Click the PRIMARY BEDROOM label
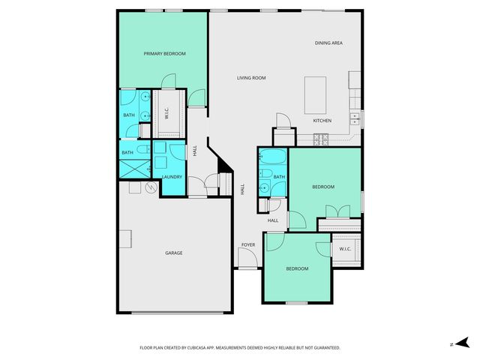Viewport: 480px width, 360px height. pyautogui.click(x=164, y=54)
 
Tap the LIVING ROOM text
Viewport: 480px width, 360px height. pyautogui.click(x=251, y=77)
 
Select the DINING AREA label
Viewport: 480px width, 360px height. pyautogui.click(x=328, y=43)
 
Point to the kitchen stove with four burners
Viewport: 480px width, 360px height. pyautogui.click(x=322, y=138)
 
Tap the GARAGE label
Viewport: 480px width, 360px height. pyautogui.click(x=174, y=253)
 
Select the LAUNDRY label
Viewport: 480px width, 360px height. pyautogui.click(x=172, y=177)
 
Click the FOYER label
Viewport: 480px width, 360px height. pyautogui.click(x=247, y=245)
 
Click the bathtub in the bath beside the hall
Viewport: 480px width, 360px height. pyautogui.click(x=271, y=158)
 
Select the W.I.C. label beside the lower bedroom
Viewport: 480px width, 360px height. pyautogui.click(x=345, y=249)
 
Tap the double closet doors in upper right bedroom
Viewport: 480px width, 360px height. pyautogui.click(x=338, y=211)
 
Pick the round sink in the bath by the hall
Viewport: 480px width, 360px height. pyautogui.click(x=265, y=187)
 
